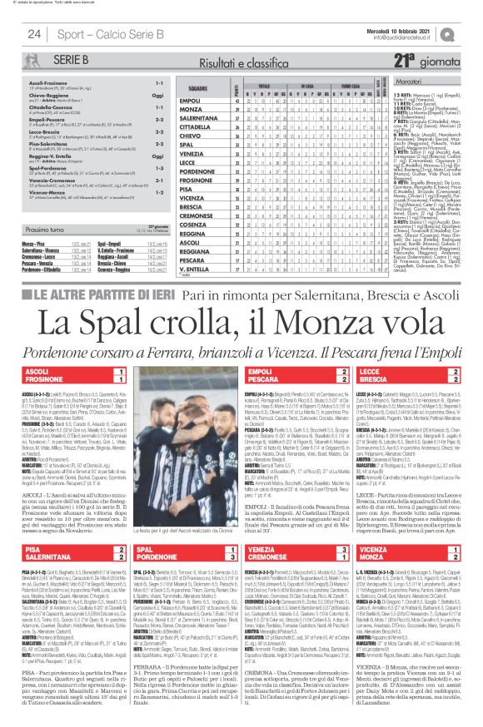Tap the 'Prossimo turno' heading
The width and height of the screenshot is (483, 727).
(49, 229)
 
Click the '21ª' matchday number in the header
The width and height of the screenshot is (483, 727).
(406, 59)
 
